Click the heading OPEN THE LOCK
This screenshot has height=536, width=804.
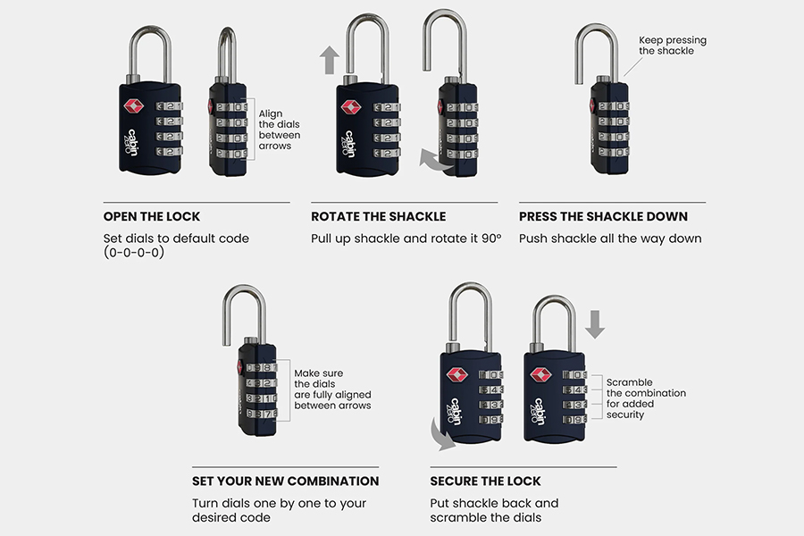click(151, 216)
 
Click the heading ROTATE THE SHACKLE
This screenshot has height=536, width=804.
click(379, 216)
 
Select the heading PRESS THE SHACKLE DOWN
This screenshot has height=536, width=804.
click(603, 216)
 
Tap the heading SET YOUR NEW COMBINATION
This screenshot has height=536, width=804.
click(285, 482)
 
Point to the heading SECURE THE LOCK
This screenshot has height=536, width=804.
click(485, 482)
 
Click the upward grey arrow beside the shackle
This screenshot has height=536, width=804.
click(329, 60)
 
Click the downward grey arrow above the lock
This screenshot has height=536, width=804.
click(595, 324)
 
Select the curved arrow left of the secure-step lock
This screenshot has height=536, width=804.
click(440, 436)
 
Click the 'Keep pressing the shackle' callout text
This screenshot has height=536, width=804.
click(672, 46)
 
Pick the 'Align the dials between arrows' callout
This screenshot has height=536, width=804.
click(279, 130)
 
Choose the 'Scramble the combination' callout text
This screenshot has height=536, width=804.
click(646, 398)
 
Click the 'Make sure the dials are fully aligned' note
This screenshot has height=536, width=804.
click(332, 389)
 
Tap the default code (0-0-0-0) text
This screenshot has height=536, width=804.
click(134, 252)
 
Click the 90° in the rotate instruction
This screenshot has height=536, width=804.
click(491, 239)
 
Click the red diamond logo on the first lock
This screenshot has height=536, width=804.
click(133, 105)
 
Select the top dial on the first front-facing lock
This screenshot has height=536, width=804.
click(169, 106)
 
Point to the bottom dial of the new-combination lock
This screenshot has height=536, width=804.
click(262, 414)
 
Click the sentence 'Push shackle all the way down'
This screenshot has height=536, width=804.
click(610, 239)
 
